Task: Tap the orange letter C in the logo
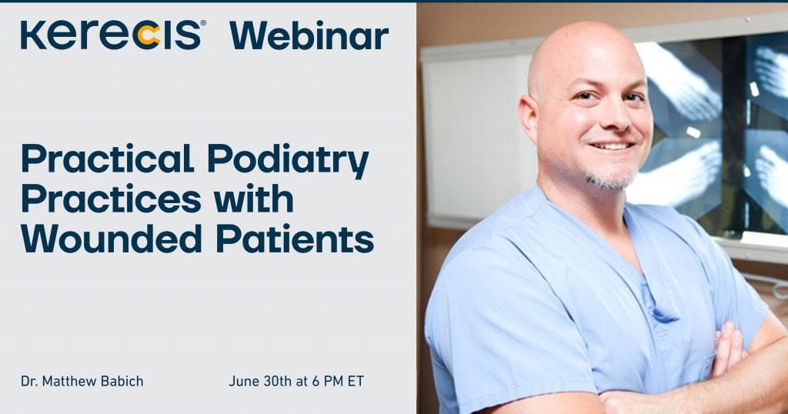(x=149, y=36)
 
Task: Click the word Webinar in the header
(x=309, y=35)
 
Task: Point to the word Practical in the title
(x=108, y=158)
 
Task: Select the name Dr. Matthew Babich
(x=82, y=382)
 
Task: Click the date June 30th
(x=260, y=382)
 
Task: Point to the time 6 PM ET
(x=338, y=382)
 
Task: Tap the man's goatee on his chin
(x=610, y=179)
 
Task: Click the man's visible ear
(x=529, y=119)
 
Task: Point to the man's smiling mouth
(x=611, y=146)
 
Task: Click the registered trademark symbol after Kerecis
(x=203, y=22)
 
